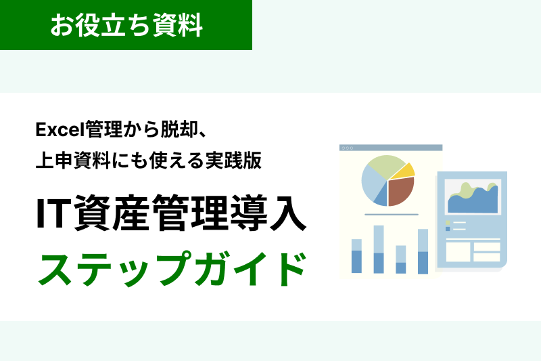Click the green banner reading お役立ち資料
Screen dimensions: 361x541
pyautogui.click(x=126, y=25)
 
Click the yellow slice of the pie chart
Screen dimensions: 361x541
pyautogui.click(x=403, y=171)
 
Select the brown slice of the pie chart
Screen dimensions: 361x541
pyautogui.click(x=400, y=190)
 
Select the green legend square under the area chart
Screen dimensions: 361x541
pyautogui.click(x=448, y=222)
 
